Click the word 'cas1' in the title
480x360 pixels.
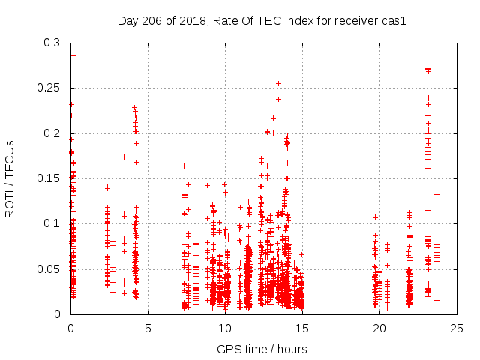pos(393,21)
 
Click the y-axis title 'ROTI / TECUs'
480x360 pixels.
pos(10,178)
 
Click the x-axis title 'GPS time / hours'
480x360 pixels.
pos(262,349)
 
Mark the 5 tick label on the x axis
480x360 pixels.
pos(148,328)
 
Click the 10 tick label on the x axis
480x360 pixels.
pos(225,328)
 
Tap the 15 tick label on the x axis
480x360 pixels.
pos(302,328)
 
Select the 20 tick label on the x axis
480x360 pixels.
pos(379,328)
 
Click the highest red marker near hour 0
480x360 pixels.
pos(73,55)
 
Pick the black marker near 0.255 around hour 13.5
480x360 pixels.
pos(278,83)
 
